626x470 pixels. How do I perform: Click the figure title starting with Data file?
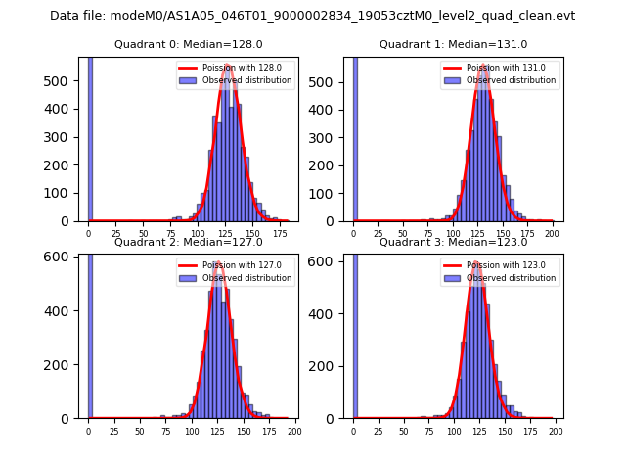tap(312, 16)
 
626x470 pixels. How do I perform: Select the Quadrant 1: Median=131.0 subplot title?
tap(453, 44)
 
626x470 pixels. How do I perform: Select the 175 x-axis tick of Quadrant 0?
tap(280, 234)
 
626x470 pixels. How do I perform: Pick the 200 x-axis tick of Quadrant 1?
tap(553, 234)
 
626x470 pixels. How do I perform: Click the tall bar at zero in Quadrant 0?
tap(90, 137)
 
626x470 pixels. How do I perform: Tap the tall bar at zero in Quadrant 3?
tap(355, 333)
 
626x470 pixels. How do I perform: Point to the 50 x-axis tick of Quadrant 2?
tap(140, 431)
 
